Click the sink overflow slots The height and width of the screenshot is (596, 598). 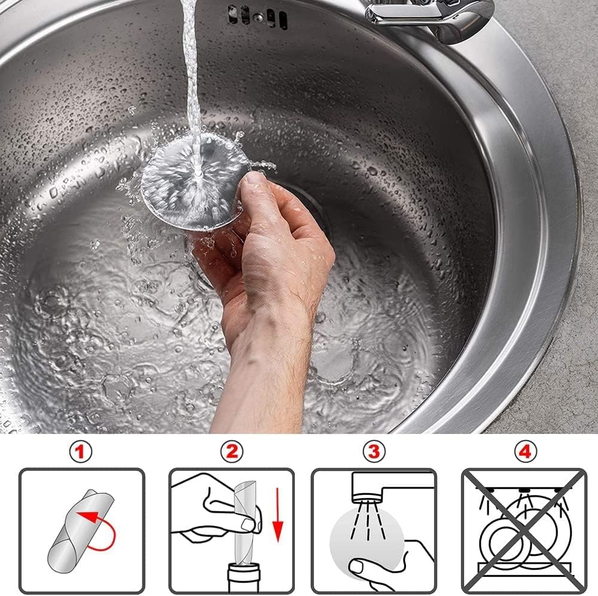257,16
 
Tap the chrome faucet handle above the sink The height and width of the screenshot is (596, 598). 431,15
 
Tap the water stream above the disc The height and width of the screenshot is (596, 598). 191,72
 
